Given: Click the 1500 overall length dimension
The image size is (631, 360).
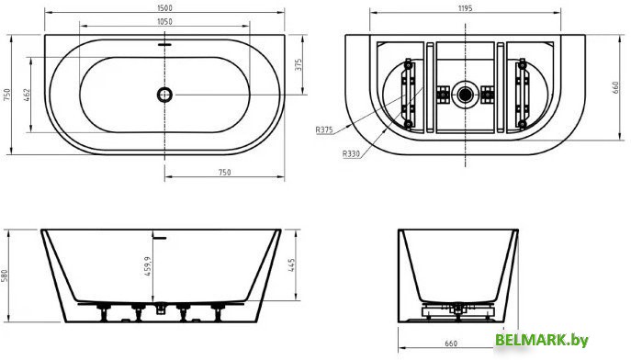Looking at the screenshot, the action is pos(165,7).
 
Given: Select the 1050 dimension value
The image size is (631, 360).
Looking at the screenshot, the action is pos(164,21).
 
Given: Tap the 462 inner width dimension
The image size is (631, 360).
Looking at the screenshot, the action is pos(28,95).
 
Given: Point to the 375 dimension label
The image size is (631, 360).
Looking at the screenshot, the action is pos(299,65).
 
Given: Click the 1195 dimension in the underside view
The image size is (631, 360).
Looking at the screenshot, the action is pos(465,7).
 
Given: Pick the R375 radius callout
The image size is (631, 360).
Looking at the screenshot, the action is pos(324,129).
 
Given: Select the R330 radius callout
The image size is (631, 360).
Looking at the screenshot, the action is pos(351,153).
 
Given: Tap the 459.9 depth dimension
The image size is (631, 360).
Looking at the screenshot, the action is pos(147,266).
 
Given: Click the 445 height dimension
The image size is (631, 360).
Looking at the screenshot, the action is pos(292,265).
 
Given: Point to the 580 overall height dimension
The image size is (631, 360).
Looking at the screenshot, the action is pos(5,276).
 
